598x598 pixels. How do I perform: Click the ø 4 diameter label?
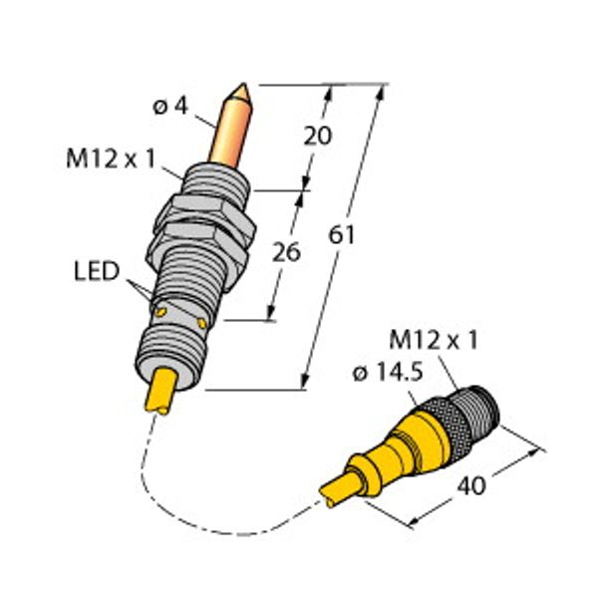(x=170, y=106)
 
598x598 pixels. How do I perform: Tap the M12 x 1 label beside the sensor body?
(x=111, y=158)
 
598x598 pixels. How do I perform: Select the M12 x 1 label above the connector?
(x=434, y=340)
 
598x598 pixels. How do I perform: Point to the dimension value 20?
(x=318, y=137)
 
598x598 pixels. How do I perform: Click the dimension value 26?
(x=286, y=252)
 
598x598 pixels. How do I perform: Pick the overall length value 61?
(x=342, y=235)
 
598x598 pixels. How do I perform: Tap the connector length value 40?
(x=471, y=486)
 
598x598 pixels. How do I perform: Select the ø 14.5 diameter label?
(x=389, y=372)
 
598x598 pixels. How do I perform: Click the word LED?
(x=97, y=271)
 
